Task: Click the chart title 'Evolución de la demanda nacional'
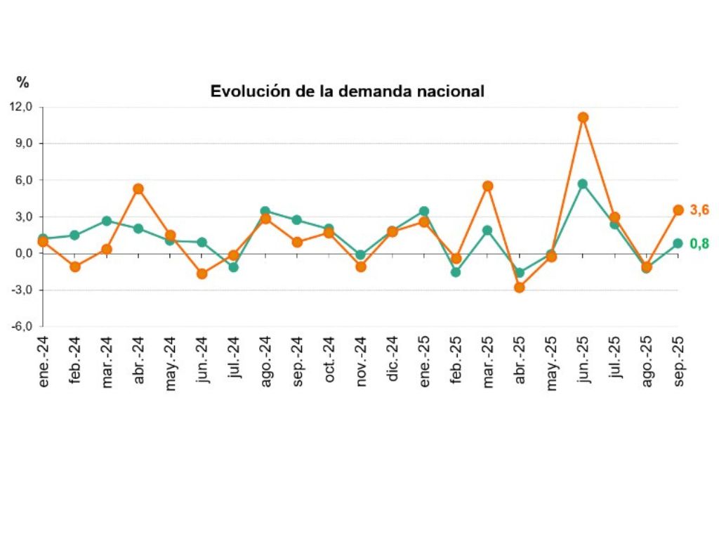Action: tap(348, 91)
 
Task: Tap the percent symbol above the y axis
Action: tap(23, 83)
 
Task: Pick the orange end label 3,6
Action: tap(699, 210)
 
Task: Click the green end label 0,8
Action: tap(699, 244)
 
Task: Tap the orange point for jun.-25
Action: tap(583, 117)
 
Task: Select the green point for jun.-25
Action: tap(583, 184)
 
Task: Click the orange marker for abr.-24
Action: tap(138, 188)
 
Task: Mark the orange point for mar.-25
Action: tap(487, 186)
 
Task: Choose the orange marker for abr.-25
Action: tap(520, 287)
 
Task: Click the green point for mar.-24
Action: tap(107, 221)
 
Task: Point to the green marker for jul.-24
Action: tap(234, 267)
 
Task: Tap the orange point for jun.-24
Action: tap(202, 274)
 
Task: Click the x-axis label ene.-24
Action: tap(44, 359)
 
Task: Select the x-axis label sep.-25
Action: tap(678, 359)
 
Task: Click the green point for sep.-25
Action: tap(678, 243)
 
